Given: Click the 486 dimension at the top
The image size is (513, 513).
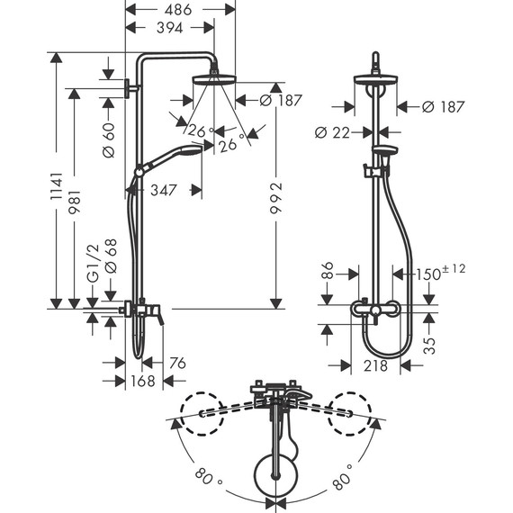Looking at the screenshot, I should point(179,10).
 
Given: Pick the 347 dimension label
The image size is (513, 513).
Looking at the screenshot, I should point(162,190).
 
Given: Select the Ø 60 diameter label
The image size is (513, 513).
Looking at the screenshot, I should point(110,140).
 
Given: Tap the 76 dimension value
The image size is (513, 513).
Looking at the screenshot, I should point(176,363).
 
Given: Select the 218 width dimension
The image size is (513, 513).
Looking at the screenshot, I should point(375,366).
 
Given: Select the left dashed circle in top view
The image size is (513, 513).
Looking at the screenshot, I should point(202,412).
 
